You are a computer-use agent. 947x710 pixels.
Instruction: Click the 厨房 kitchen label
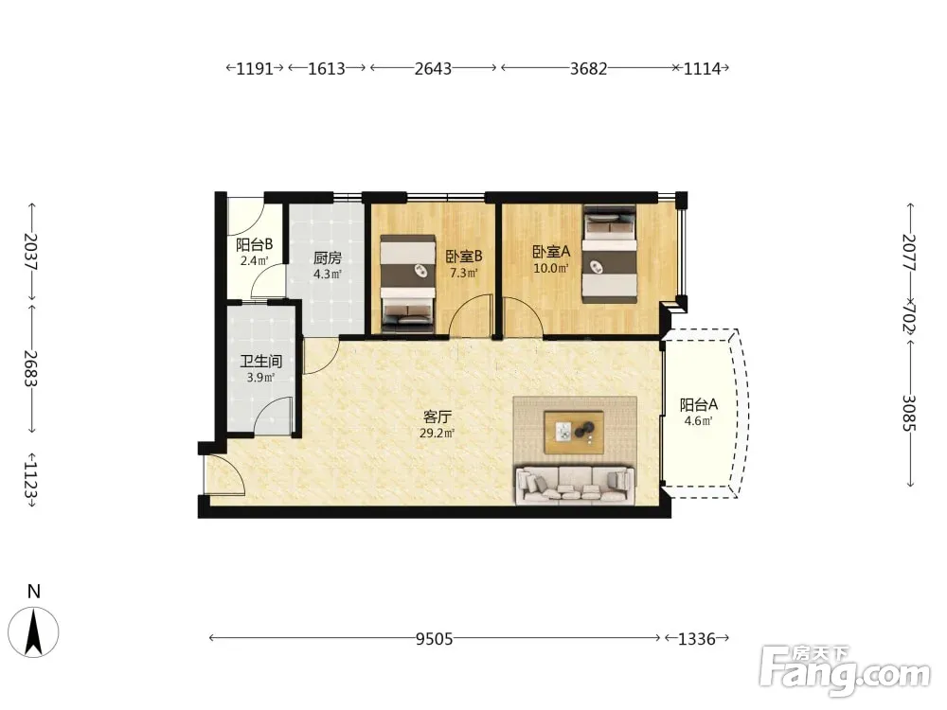click(328, 258)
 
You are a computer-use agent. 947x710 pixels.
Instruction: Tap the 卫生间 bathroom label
click(261, 362)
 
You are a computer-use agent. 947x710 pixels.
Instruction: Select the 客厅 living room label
click(438, 417)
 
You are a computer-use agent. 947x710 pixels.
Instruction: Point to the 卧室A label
click(551, 251)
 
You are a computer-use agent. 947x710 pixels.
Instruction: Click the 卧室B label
click(464, 257)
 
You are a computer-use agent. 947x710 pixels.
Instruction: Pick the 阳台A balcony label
click(699, 404)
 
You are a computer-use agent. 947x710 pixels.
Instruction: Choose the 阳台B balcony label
click(254, 244)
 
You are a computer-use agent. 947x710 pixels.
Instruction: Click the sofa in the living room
click(575, 484)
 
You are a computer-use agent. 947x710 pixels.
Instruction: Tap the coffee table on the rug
click(574, 432)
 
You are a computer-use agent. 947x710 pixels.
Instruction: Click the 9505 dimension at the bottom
click(435, 639)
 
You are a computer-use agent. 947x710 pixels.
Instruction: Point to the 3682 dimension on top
click(589, 68)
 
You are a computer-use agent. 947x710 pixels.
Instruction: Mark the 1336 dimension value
click(696, 639)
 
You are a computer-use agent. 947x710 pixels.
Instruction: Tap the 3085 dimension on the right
click(910, 413)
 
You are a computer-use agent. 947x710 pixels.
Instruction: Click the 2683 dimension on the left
click(31, 369)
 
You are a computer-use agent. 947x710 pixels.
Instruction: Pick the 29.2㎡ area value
click(438, 433)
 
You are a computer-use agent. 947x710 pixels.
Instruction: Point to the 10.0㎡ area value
click(551, 268)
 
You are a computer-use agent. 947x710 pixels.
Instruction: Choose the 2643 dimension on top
click(433, 68)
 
